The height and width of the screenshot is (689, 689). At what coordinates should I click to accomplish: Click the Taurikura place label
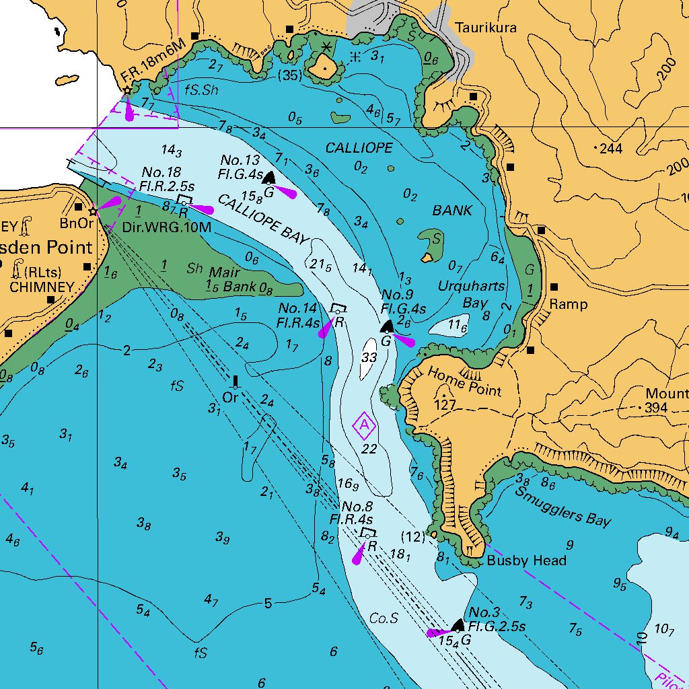[485, 28]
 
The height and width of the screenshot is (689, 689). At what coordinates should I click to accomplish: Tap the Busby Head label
[527, 560]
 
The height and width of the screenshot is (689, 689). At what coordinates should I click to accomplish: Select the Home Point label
[464, 382]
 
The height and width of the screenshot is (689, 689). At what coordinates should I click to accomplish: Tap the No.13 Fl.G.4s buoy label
[240, 166]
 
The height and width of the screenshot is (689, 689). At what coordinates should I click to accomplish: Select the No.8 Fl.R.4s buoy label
[351, 513]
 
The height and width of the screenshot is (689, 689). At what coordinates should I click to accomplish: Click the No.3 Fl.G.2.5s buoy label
[497, 619]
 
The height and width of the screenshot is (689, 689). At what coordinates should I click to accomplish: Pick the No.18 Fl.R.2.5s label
[167, 180]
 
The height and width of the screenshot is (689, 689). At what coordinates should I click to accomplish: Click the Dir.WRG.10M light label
[167, 227]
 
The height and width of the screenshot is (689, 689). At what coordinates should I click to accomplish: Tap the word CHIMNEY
[41, 287]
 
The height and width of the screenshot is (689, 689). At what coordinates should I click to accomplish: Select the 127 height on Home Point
[445, 405]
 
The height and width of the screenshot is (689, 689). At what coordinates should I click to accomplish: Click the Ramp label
[569, 304]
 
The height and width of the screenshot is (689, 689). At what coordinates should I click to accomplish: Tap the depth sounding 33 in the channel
[369, 357]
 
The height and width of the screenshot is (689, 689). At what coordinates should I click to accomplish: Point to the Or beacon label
[231, 398]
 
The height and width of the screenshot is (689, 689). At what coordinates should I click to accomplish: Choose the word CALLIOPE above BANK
[359, 147]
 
